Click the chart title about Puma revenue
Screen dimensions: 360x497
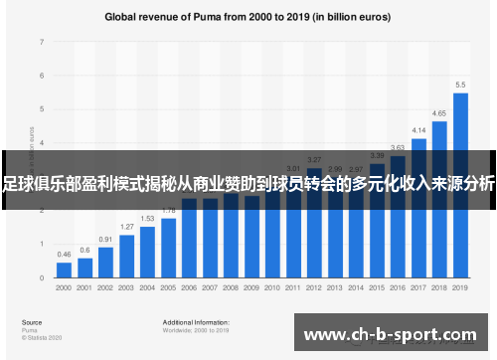pos(248,17)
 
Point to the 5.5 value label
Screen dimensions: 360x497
pos(460,85)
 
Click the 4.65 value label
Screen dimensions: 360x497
pos(439,114)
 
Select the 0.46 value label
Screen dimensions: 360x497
pos(64,256)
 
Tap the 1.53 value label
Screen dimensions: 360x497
pos(147,219)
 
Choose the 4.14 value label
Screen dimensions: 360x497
pos(418,131)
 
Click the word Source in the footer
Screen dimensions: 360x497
pos(32,322)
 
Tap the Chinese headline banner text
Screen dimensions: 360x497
pos(248,183)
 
